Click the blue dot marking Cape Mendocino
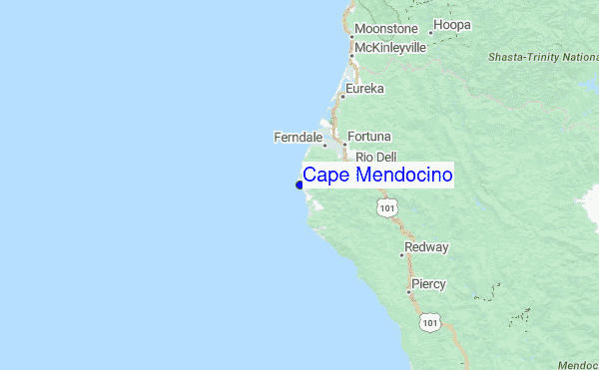click(299, 184)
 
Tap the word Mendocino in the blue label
click(404, 177)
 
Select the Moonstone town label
click(386, 30)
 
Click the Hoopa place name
click(451, 24)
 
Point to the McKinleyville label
click(390, 48)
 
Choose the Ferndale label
click(298, 137)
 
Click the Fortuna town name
click(369, 136)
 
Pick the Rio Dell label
click(376, 157)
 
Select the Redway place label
click(426, 246)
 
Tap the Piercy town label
click(428, 284)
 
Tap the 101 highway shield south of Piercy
click(430, 321)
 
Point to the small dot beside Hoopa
click(430, 32)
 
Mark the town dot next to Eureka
click(341, 97)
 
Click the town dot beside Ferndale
click(323, 145)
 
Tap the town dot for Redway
click(401, 255)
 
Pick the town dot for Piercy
click(409, 291)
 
